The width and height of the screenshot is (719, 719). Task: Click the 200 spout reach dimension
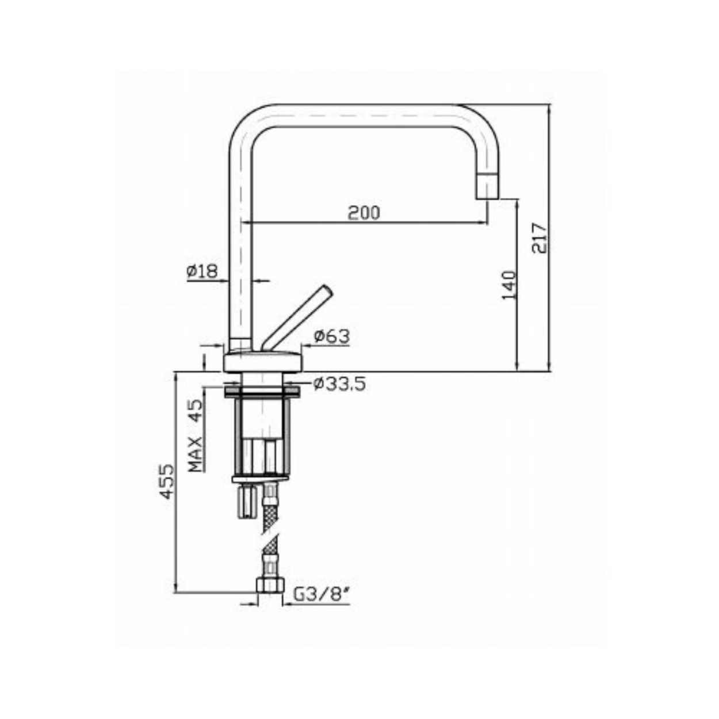pyautogui.click(x=364, y=213)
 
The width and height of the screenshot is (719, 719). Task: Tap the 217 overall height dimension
pyautogui.click(x=539, y=238)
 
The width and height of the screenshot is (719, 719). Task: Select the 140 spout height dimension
pyautogui.click(x=508, y=285)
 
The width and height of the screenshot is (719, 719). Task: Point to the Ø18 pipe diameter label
pyautogui.click(x=201, y=271)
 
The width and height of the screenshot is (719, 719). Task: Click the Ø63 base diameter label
pyautogui.click(x=332, y=336)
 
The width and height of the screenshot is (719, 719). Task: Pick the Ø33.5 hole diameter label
pyautogui.click(x=339, y=384)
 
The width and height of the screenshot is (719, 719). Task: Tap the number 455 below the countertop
pyautogui.click(x=166, y=481)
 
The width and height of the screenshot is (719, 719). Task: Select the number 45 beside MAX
pyautogui.click(x=195, y=410)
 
